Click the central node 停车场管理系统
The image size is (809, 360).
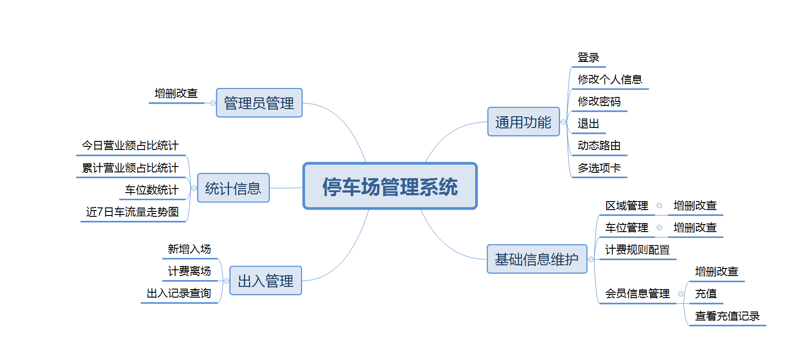390,186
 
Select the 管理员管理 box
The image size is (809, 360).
259,103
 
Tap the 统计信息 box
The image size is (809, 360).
233,188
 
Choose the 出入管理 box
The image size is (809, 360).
266,281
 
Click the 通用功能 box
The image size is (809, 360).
524,122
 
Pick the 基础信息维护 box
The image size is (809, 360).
537,259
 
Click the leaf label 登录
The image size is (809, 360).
588,57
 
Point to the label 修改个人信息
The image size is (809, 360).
610,79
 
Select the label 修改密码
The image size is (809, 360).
599,101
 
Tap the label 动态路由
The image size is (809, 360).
599,145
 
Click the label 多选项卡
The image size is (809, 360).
599,168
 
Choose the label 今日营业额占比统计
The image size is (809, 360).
130,145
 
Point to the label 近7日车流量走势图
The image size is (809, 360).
132,212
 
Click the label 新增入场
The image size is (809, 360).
189,249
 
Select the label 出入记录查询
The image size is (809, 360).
179,293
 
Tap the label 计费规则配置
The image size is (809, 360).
637,250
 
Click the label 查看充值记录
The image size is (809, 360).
727,316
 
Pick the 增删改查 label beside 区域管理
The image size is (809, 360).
695,206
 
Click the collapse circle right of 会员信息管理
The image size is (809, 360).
681,294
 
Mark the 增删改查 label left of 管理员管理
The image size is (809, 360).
176,93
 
